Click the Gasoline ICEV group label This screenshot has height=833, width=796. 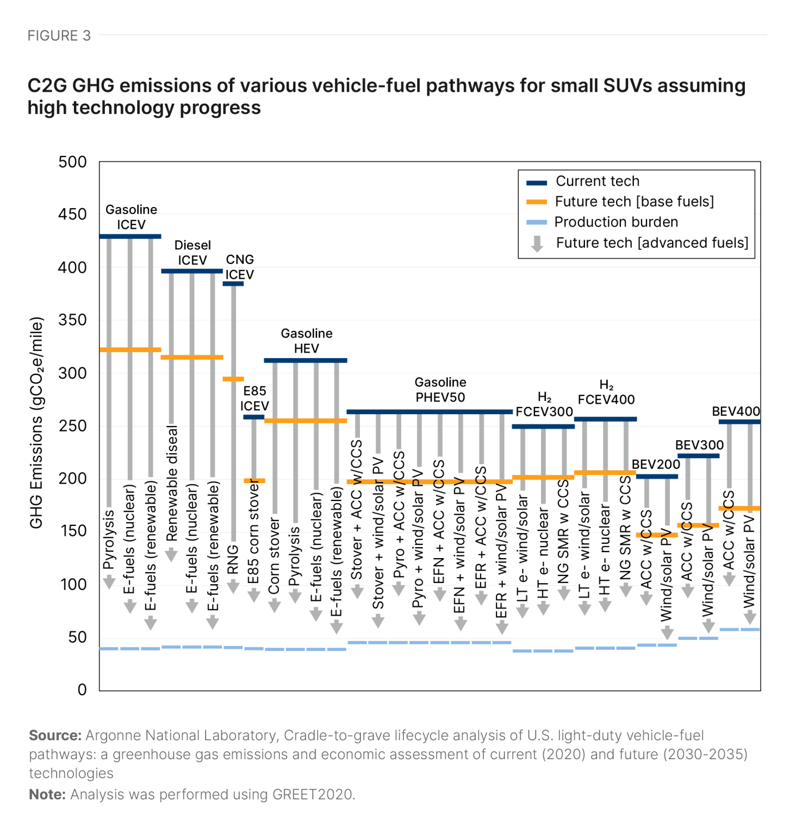[131, 217]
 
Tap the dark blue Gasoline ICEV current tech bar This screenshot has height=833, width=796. [130, 237]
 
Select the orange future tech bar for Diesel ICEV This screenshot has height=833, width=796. [192, 357]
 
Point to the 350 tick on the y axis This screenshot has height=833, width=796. [72, 320]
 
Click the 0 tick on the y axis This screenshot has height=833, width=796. [82, 690]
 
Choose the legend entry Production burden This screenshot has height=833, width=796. [615, 222]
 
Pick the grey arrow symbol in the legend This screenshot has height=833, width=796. [537, 243]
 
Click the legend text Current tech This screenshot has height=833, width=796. [597, 182]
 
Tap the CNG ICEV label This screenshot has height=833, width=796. [239, 267]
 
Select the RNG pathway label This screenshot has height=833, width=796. [233, 559]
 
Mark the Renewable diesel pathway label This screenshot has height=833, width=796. [172, 483]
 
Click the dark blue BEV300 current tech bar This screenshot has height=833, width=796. [698, 456]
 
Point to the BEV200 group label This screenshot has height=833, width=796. [655, 464]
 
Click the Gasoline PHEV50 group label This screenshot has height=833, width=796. [440, 390]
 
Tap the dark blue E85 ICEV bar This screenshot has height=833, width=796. [254, 417]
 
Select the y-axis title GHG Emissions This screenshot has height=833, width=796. [36, 422]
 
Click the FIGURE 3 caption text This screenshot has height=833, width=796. [59, 36]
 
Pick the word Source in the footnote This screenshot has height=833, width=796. [55, 736]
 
